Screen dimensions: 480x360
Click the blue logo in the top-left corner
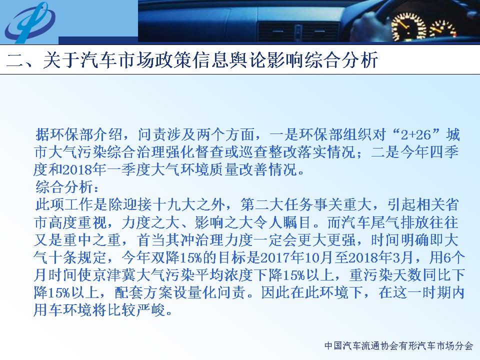click(30, 22)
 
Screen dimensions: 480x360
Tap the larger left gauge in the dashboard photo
click(409, 27)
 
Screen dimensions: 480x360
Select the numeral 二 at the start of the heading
click(15, 59)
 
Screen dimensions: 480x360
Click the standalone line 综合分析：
click(67, 187)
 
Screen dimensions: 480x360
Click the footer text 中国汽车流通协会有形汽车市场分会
click(399, 346)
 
